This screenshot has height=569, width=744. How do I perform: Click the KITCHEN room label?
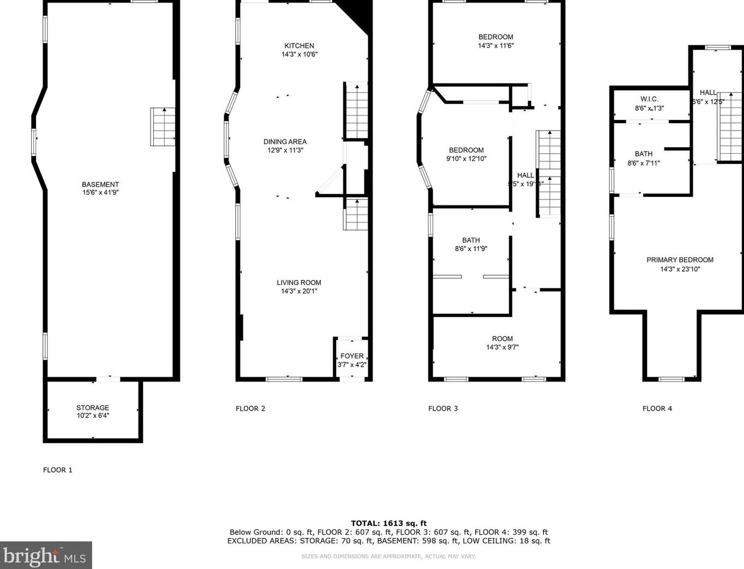tap(299, 46)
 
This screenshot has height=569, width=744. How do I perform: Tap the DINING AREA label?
tap(285, 142)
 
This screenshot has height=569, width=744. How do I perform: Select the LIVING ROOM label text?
tap(299, 282)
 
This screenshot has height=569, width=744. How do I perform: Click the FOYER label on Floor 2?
tap(352, 356)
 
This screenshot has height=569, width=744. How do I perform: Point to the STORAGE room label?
tap(93, 408)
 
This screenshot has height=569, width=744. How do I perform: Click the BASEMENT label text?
tap(100, 184)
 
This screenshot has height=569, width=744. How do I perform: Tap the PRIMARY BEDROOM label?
tap(680, 260)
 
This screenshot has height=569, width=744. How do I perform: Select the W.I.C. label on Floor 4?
tap(649, 99)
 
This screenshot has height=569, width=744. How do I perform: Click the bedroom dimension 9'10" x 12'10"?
tap(466, 159)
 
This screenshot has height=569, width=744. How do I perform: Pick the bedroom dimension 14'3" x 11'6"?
tap(496, 46)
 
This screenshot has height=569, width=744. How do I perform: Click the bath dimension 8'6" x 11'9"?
tap(471, 249)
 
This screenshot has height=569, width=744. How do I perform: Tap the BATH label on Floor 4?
tap(644, 154)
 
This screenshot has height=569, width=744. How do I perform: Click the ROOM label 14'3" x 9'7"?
tap(502, 338)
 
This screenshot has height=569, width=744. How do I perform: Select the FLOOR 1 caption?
tap(58, 470)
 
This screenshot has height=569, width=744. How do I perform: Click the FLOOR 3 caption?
tap(443, 408)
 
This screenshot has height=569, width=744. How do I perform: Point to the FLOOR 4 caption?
tap(657, 408)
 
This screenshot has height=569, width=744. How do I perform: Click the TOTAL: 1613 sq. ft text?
tap(388, 523)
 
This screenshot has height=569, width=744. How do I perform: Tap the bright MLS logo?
tap(46, 556)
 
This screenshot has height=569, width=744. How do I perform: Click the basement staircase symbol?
tap(163, 126)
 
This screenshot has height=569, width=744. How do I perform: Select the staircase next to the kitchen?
tap(357, 111)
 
